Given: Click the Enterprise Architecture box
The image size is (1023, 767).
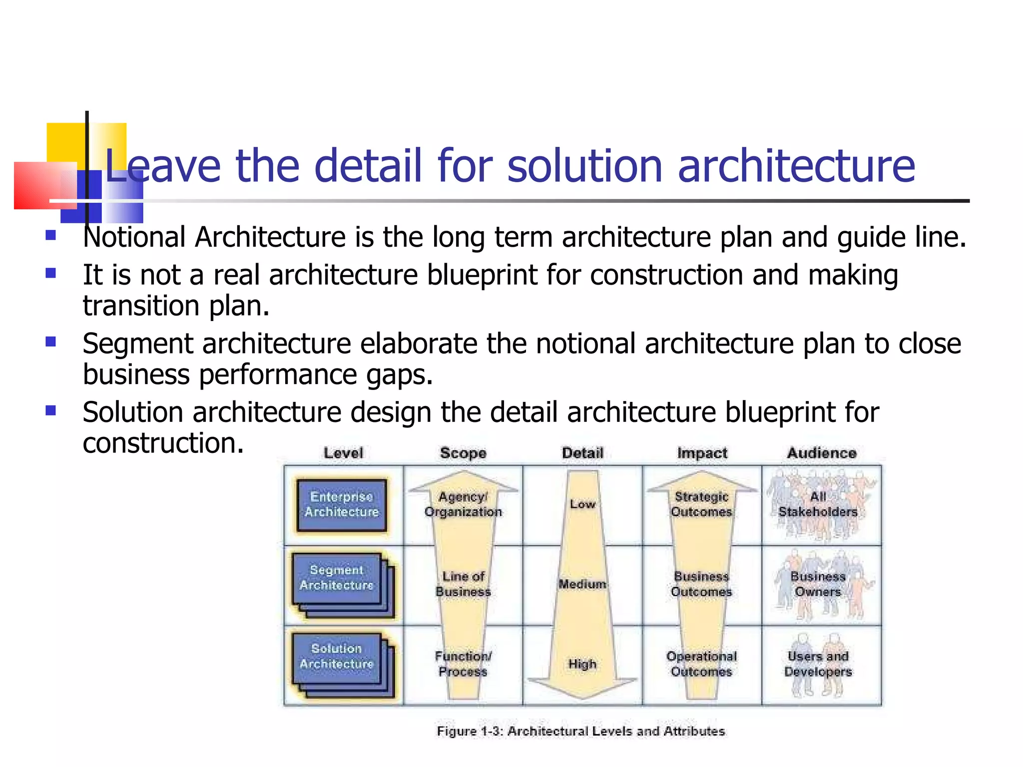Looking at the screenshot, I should pyautogui.click(x=342, y=504).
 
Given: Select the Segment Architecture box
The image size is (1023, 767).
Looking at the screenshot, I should pyautogui.click(x=337, y=578).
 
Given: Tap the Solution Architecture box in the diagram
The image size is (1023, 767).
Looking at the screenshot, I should pyautogui.click(x=337, y=657).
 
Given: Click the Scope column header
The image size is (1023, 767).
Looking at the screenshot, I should pyautogui.click(x=463, y=453).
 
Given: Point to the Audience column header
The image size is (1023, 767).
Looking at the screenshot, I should pyautogui.click(x=822, y=453).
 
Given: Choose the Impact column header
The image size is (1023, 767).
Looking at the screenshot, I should pyautogui.click(x=702, y=453).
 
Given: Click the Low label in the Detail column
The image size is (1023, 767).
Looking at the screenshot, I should pyautogui.click(x=582, y=504).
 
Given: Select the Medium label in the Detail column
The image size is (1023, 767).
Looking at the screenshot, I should pyautogui.click(x=582, y=584).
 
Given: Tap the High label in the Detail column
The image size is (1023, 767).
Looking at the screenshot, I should pyautogui.click(x=582, y=664).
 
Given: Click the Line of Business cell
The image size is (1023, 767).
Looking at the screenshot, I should pyautogui.click(x=463, y=584).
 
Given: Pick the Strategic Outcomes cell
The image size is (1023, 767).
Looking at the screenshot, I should pyautogui.click(x=701, y=504).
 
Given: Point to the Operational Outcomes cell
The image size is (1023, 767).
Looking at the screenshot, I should pyautogui.click(x=701, y=664).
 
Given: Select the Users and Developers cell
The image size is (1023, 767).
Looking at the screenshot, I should pyautogui.click(x=818, y=664).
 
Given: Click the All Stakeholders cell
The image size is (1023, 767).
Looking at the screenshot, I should pyautogui.click(x=818, y=504).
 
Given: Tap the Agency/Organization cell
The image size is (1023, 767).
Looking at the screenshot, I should pyautogui.click(x=463, y=504).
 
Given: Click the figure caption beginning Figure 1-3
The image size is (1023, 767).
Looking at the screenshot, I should pyautogui.click(x=580, y=731).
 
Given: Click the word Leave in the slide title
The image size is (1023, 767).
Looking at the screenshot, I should pyautogui.click(x=163, y=166).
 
